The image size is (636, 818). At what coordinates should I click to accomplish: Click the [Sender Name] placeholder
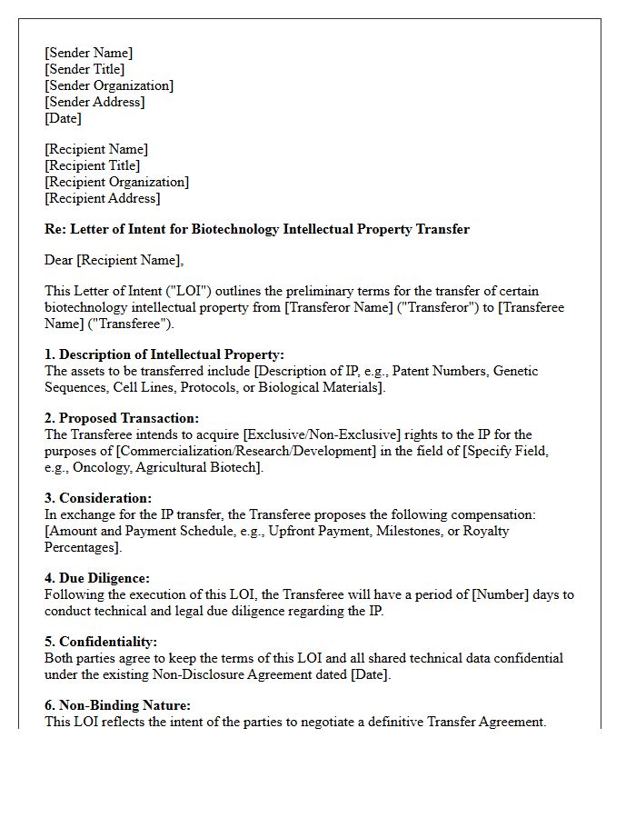pos(88,53)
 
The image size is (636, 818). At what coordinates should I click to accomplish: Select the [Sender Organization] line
pos(109,85)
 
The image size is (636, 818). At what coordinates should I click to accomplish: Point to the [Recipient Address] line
pos(102,198)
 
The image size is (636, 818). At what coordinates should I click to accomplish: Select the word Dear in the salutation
pos(58,260)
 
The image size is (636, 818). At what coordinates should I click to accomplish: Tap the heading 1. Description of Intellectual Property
pos(164,354)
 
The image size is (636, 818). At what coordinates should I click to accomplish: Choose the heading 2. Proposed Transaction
pos(122,418)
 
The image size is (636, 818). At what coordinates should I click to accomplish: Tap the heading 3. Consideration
pos(98,498)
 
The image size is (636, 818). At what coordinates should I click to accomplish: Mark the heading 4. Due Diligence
pos(97,578)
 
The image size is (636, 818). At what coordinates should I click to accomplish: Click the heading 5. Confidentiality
pos(107,642)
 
